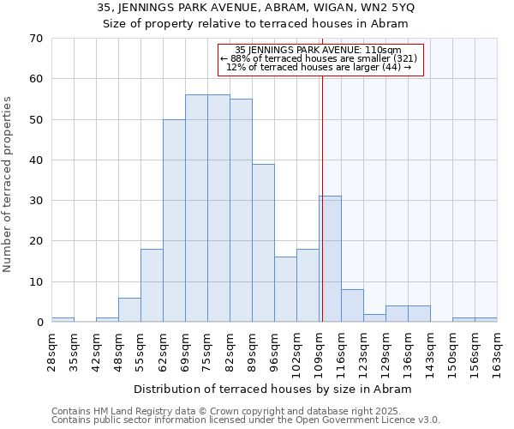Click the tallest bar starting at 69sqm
pyautogui.click(x=196, y=208)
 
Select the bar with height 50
pyautogui.click(x=174, y=221)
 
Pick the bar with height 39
pyautogui.click(x=263, y=243)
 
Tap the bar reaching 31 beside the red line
pyautogui.click(x=331, y=259)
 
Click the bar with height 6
pyautogui.click(x=129, y=310)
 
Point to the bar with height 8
pyautogui.click(x=352, y=306)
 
